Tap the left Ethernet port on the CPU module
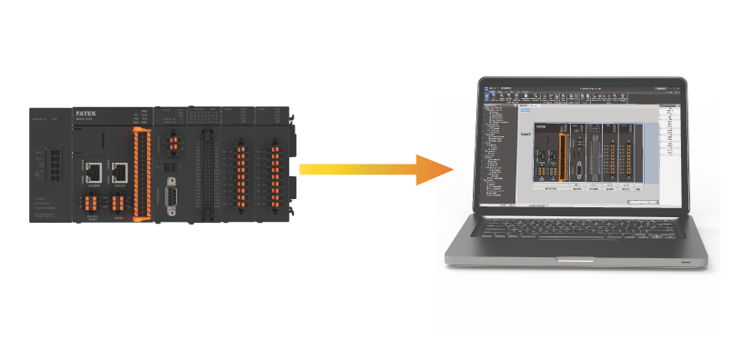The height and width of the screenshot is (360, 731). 93,170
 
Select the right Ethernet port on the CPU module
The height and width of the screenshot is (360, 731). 118,170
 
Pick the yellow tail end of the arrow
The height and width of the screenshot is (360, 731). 304,170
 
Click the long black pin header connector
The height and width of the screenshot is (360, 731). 207,173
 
